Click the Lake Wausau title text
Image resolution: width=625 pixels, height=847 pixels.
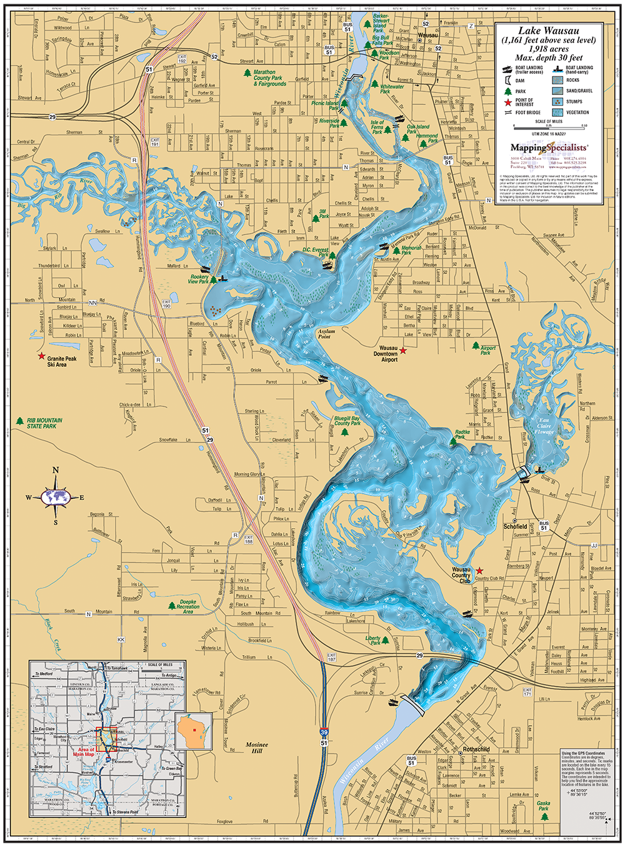coord(549,31)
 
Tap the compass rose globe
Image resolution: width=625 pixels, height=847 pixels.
coord(56,498)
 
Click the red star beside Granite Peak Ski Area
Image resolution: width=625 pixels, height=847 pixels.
coord(41,356)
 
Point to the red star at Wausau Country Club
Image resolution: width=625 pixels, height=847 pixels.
coord(479,571)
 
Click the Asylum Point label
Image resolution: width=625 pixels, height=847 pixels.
coord(326,334)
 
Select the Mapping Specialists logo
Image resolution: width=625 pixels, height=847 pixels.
coord(549,148)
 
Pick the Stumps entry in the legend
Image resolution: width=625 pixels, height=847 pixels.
coord(574,101)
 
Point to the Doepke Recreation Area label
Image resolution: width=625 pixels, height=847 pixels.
coord(188,606)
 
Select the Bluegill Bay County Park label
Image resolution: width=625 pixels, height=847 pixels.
coord(347,421)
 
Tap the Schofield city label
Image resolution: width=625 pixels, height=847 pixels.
coord(516,526)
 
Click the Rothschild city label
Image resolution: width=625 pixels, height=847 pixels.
coord(476,749)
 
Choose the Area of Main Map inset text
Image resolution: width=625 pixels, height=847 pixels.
coord(86,751)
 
